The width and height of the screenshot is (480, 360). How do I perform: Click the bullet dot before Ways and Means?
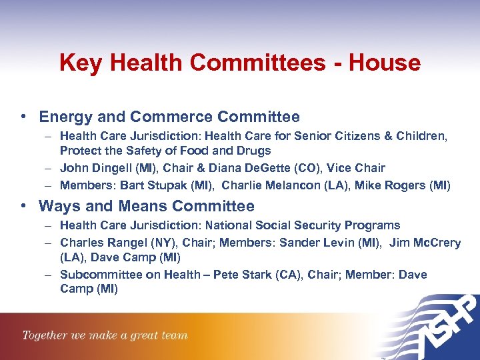pyautogui.click(x=23, y=206)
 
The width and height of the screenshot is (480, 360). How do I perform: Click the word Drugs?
pyautogui.click(x=254, y=151)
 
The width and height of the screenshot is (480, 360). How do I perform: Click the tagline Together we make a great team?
pyautogui.click(x=105, y=335)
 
